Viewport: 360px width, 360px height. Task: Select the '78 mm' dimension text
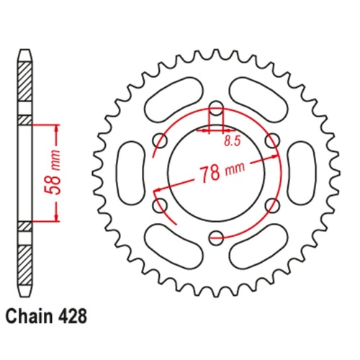[x=217, y=173]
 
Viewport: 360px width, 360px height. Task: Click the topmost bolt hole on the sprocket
[x=215, y=110]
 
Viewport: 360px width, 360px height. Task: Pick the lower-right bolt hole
[x=271, y=206]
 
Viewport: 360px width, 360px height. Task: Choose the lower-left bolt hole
[x=158, y=206]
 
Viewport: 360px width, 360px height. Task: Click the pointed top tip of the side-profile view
[x=25, y=53]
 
